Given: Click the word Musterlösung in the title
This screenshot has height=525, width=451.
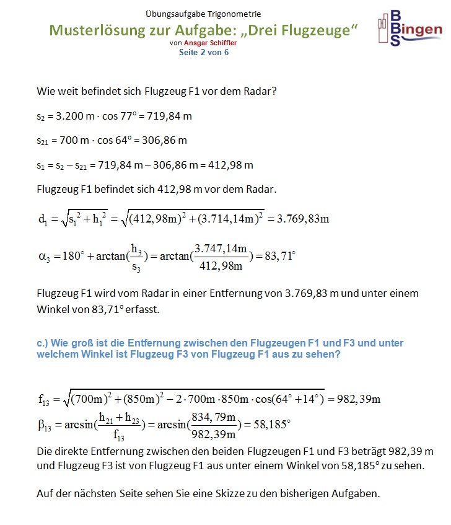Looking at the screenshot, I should click(100, 30).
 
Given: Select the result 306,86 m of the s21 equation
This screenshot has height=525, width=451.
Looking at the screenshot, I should click(165, 141).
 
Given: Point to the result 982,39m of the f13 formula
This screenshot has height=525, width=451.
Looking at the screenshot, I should click(358, 399).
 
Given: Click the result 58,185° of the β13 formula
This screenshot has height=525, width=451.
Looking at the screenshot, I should click(269, 425).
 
